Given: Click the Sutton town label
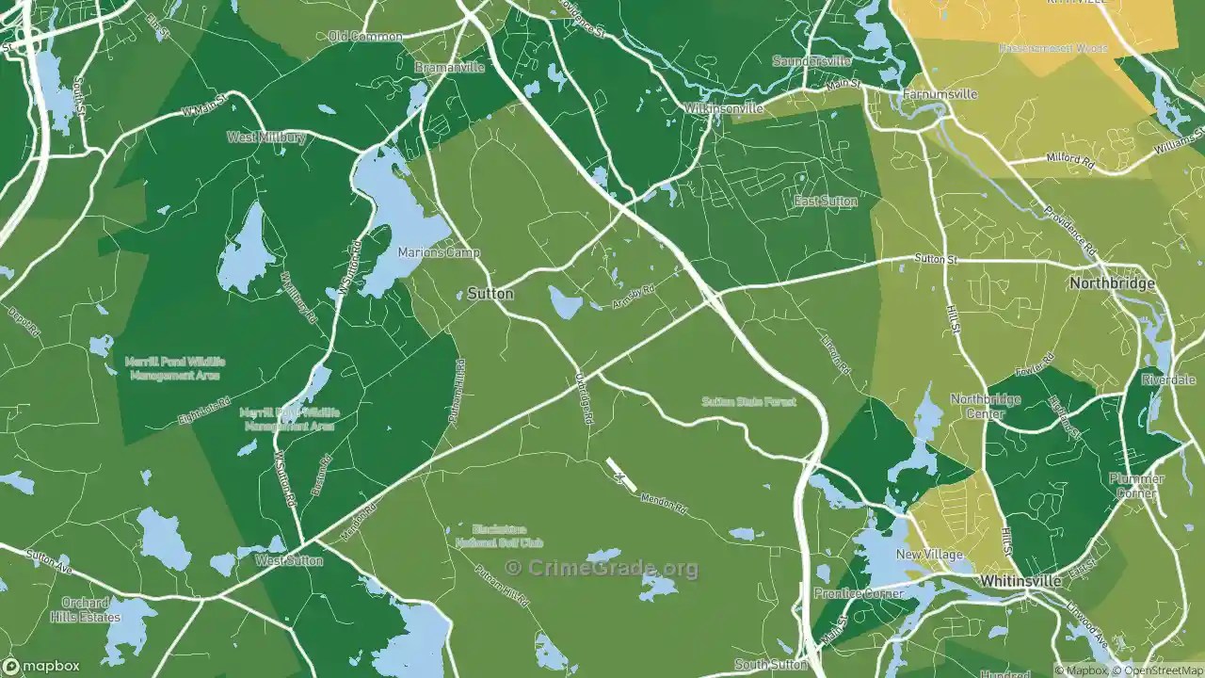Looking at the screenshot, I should (490, 294).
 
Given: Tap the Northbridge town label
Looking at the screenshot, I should (1112, 283).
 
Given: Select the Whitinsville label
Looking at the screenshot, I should (1020, 582).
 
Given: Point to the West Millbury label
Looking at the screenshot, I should (266, 137).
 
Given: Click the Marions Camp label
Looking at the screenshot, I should (439, 252).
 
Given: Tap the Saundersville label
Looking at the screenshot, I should (811, 61).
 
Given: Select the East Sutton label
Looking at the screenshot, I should (825, 202).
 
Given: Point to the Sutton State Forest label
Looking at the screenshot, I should (748, 402).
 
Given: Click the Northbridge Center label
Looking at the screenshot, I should (985, 406).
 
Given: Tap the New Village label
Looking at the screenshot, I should (929, 555).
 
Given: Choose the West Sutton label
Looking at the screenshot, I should (289, 561).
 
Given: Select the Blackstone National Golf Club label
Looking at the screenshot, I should (499, 536).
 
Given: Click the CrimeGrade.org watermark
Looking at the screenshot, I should (602, 568).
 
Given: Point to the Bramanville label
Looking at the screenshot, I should (449, 68).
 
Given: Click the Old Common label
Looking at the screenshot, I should (365, 37).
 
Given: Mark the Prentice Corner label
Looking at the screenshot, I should (858, 594).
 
